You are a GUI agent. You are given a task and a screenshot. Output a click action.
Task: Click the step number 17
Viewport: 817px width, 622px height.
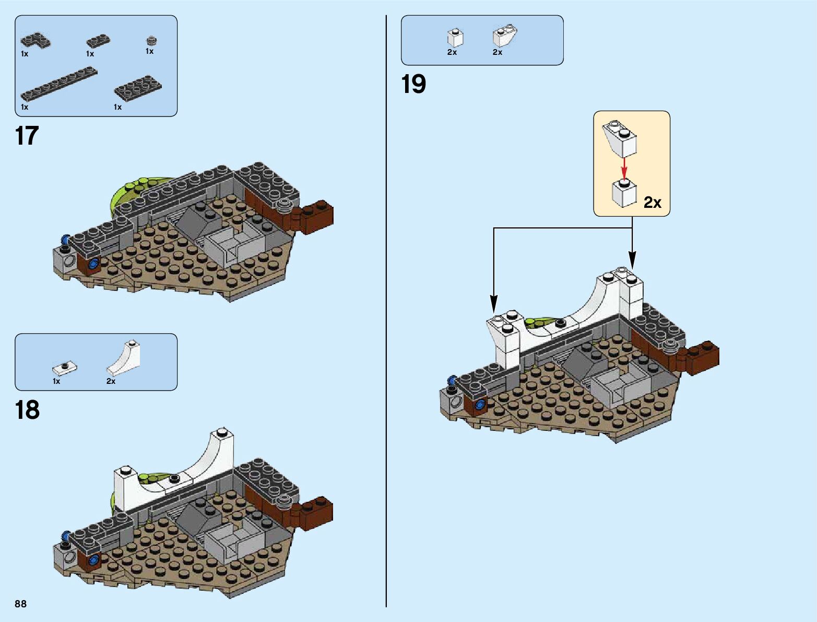pyautogui.click(x=27, y=136)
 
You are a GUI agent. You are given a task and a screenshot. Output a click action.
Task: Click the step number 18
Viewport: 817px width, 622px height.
pyautogui.click(x=27, y=410)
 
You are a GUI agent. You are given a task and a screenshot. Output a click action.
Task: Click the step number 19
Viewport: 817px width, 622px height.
pyautogui.click(x=413, y=85)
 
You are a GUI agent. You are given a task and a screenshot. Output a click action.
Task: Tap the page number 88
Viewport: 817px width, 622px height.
pyautogui.click(x=21, y=604)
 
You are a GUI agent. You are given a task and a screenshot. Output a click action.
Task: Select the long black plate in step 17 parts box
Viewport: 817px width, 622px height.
pyautogui.click(x=59, y=84)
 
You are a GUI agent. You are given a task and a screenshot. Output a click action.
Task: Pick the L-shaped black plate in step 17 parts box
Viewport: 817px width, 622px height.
pyautogui.click(x=35, y=40)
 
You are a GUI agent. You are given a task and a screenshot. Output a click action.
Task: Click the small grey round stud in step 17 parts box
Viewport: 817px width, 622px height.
pyautogui.click(x=151, y=40)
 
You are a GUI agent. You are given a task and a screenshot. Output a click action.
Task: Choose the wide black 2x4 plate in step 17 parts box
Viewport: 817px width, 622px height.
pyautogui.click(x=138, y=88)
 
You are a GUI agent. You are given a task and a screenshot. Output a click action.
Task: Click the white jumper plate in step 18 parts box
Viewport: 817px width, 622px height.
pyautogui.click(x=65, y=368)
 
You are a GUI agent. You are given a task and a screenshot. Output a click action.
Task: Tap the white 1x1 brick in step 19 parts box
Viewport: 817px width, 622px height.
pyautogui.click(x=455, y=38)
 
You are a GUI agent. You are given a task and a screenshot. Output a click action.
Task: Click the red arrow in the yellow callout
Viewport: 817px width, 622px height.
pyautogui.click(x=623, y=168)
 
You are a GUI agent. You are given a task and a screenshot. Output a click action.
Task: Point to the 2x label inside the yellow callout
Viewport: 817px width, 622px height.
pyautogui.click(x=652, y=202)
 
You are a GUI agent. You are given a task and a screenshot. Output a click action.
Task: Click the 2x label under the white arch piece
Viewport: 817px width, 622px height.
pyautogui.click(x=111, y=381)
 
